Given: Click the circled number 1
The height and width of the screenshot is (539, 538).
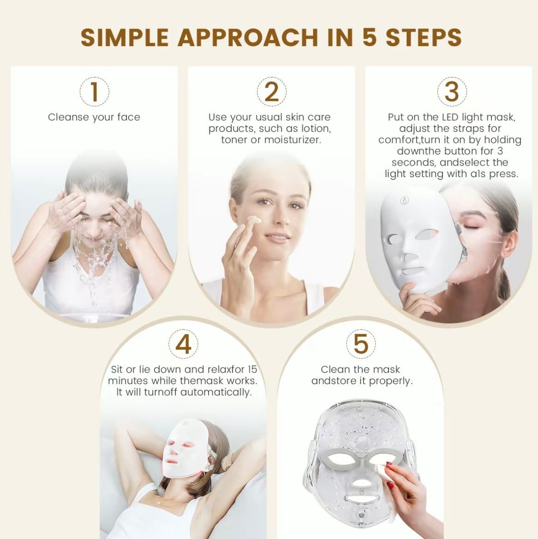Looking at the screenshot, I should (x=94, y=91).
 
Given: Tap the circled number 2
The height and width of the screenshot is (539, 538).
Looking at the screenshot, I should (x=272, y=91).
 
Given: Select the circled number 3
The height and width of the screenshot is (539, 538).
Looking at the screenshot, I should (x=452, y=91).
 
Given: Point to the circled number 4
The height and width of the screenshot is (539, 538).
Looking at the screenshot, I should (x=183, y=344).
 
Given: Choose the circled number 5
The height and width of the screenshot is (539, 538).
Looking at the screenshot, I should (x=361, y=344).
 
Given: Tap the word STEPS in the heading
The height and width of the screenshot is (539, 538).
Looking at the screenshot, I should (x=424, y=38).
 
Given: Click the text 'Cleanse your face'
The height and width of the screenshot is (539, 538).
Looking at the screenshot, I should (x=94, y=117).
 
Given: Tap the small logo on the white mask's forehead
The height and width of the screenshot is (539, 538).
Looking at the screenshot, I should (x=405, y=201).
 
